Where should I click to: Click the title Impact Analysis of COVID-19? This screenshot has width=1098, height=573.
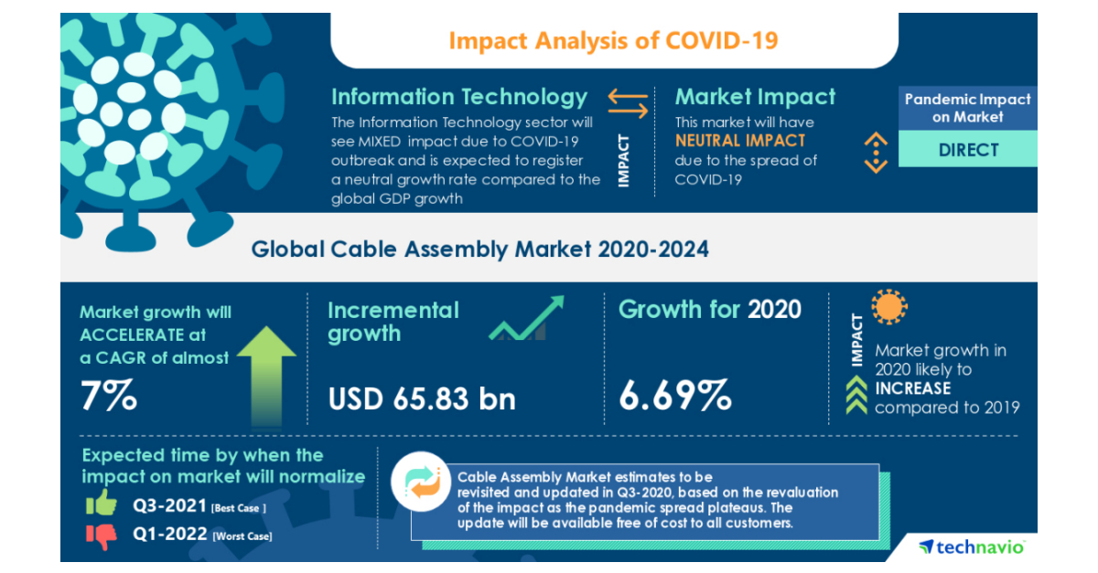coord(614,41)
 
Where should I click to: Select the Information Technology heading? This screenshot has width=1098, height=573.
coord(458,97)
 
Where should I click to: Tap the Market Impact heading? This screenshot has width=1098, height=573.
coord(755,97)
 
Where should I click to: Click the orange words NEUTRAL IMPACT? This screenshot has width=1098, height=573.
coord(740,141)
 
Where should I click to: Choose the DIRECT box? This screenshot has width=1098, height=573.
coord(968,150)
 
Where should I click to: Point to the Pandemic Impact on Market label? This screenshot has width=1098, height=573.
coord(968,108)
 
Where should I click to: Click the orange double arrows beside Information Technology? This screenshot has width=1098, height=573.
coord(628,102)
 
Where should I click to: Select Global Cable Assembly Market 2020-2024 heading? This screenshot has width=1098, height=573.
coord(480,249)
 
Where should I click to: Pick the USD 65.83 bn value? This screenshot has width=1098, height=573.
coord(422,398)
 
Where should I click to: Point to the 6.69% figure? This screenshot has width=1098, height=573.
coord(675,396)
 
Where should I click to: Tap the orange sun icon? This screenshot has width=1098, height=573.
coord(888,309)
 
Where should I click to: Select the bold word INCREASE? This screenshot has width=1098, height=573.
coord(913,388)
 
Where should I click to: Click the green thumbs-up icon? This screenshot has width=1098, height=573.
coord(101,503)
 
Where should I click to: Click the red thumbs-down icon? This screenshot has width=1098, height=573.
coord(102,536)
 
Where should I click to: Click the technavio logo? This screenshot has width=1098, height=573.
coord(972,546)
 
